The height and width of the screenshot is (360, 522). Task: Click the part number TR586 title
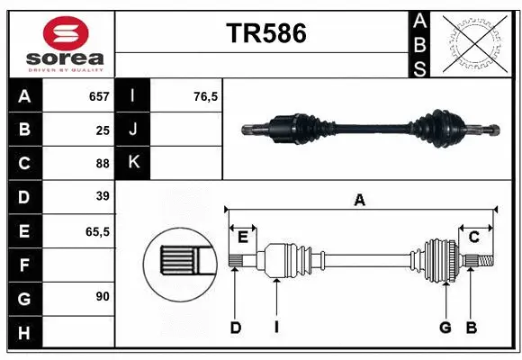tap(265, 33)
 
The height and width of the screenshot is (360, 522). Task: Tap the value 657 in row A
tap(98, 96)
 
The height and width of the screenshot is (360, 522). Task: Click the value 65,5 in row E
tap(97, 231)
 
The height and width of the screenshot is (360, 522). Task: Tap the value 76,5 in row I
tap(206, 96)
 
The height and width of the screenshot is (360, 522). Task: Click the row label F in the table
tap(24, 265)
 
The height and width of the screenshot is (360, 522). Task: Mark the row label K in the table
tap(134, 163)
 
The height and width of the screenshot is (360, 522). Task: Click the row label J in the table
tap(134, 130)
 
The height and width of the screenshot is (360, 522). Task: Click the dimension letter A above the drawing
tap(360, 201)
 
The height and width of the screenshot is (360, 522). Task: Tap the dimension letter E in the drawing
tap(243, 237)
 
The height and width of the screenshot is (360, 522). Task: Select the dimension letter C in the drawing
tap(473, 237)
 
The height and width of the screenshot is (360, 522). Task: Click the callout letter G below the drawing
tap(445, 328)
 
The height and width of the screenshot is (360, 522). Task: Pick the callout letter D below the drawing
tap(235, 328)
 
